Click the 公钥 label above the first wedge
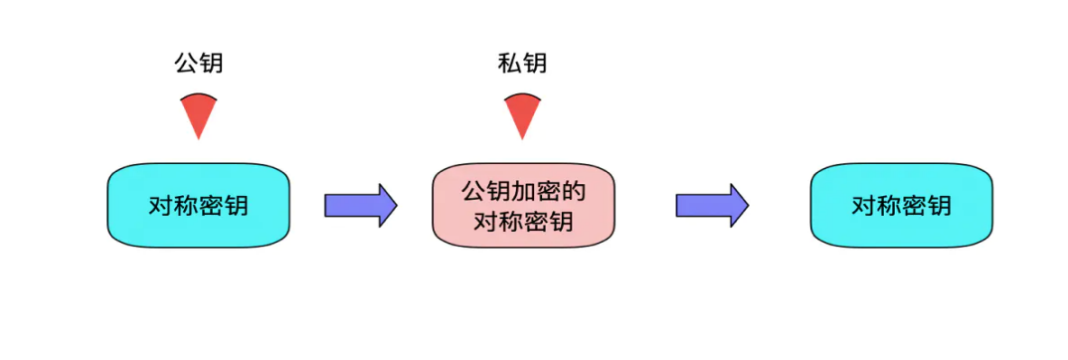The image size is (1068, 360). (199, 63)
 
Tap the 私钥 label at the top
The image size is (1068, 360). (522, 63)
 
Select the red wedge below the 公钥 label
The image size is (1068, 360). (199, 115)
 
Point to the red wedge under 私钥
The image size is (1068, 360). (522, 115)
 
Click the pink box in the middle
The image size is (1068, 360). (522, 205)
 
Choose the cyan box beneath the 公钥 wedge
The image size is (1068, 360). (198, 205)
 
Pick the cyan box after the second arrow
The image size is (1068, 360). (902, 205)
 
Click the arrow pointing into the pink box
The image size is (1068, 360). (360, 205)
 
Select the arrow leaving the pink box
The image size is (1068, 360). (712, 205)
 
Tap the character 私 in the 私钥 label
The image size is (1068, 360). (510, 63)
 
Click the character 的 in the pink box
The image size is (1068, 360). (573, 193)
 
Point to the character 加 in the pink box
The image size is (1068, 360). (523, 193)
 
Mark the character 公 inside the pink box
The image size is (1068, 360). (473, 193)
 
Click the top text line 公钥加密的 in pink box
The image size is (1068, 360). (523, 193)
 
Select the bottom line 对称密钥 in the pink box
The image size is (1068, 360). (523, 221)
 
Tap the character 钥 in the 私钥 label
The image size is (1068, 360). (535, 63)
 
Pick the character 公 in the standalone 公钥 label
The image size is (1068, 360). (187, 63)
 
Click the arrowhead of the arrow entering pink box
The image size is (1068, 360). (387, 205)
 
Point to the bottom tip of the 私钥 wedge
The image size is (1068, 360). (522, 139)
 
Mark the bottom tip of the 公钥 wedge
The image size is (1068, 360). (199, 139)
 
